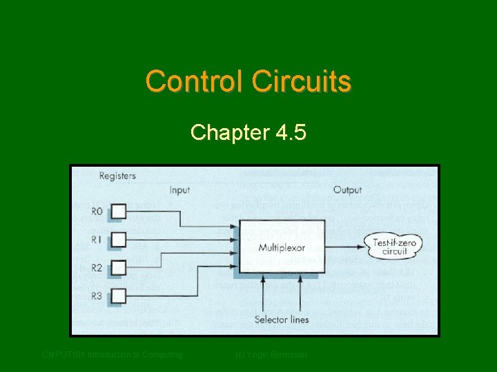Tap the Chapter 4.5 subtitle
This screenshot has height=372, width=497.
click(248, 132)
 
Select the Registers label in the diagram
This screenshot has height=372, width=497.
click(117, 176)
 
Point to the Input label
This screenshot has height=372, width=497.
click(179, 189)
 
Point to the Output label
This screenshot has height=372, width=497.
click(347, 189)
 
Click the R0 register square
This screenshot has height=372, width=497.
click(119, 211)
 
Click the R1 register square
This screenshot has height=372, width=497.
click(119, 239)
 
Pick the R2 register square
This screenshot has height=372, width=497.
click(119, 267)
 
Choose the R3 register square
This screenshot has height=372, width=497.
click(119, 296)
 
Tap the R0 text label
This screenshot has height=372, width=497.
click(97, 211)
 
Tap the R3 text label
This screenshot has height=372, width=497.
click(97, 296)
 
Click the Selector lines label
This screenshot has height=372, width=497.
click(282, 319)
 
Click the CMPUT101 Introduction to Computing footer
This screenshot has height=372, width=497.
click(113, 355)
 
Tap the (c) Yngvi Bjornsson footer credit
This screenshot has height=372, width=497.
click(271, 355)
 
